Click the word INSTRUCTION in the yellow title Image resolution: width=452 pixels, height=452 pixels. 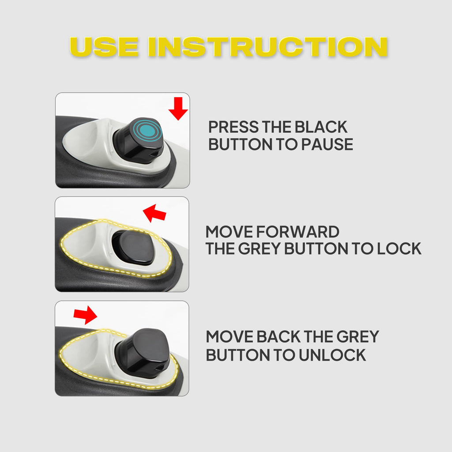[268, 47]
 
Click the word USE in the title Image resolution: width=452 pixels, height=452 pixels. [104, 47]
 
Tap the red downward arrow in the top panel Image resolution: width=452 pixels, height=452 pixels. [178, 109]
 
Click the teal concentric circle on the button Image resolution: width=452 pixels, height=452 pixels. [147, 131]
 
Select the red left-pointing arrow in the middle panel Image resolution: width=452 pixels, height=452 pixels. [154, 213]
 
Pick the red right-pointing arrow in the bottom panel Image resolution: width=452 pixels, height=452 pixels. [85, 315]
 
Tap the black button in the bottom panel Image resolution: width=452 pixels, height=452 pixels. [143, 350]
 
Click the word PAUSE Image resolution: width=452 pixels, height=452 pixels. [327, 144]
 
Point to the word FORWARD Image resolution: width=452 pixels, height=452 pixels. [298, 232]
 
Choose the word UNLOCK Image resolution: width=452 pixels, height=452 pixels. [332, 355]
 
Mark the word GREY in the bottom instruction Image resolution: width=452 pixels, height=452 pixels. [358, 337]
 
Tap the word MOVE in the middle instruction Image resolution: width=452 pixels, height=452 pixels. [229, 232]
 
